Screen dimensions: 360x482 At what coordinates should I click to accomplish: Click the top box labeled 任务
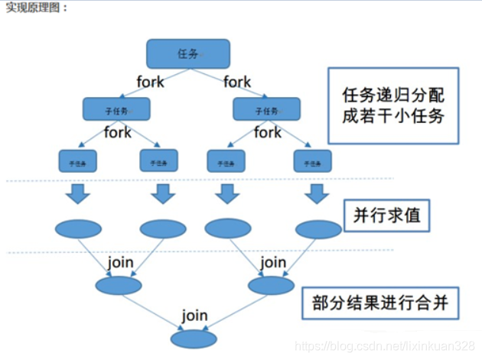click(188, 54)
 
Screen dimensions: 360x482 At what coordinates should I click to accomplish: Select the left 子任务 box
click(117, 109)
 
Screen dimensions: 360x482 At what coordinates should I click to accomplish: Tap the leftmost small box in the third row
click(77, 161)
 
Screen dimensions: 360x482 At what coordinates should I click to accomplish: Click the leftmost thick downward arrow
click(77, 194)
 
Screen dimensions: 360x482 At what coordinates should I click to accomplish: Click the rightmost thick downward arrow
click(315, 194)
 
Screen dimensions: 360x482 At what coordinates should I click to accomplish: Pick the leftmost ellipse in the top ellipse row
click(78, 228)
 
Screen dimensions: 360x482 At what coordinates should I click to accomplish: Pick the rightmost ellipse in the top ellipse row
click(318, 229)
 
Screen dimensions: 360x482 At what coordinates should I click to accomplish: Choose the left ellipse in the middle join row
click(119, 285)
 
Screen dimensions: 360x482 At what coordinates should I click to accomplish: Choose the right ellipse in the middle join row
click(271, 285)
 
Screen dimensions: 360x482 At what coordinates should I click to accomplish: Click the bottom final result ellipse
click(194, 339)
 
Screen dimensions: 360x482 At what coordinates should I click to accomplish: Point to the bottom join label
click(194, 314)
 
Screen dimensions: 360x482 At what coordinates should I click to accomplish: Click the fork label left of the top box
click(150, 82)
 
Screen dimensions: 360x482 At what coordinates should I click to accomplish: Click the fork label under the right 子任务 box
click(268, 133)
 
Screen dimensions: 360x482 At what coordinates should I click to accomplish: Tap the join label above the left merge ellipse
click(120, 262)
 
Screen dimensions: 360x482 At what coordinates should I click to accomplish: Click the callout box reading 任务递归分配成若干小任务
click(392, 106)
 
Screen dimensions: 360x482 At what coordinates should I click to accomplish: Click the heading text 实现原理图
click(36, 8)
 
